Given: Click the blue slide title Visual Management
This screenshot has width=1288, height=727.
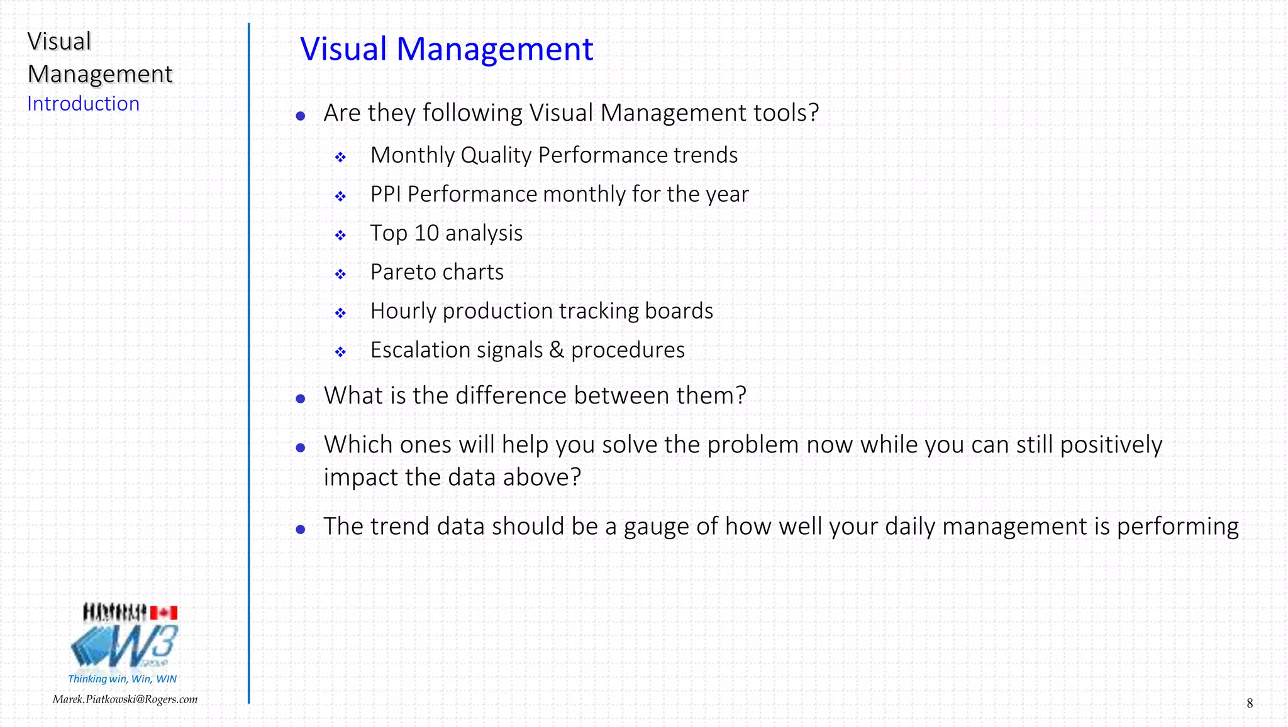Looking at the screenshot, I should [x=447, y=49].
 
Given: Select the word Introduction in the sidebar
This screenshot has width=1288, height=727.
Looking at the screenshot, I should [x=83, y=104].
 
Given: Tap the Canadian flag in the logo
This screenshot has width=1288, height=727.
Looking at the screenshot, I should [x=164, y=613].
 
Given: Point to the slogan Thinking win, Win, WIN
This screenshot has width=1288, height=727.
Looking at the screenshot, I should [x=122, y=679].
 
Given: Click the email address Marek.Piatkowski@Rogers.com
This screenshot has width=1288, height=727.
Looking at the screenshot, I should [x=125, y=699].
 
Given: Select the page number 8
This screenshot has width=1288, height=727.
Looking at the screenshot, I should [x=1250, y=703].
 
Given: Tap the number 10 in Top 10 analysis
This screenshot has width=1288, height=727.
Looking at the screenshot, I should [x=426, y=233].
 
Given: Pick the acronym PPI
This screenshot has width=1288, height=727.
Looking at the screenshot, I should [x=386, y=194].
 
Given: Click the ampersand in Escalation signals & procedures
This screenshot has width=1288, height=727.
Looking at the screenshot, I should [x=557, y=350].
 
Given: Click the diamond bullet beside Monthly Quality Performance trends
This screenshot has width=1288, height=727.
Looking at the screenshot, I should [x=340, y=157].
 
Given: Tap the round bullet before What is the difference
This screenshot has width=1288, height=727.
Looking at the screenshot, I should [x=301, y=398].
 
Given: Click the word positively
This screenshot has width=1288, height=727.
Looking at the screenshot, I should [x=1111, y=445].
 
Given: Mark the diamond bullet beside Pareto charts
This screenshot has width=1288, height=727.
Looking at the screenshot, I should [x=340, y=274].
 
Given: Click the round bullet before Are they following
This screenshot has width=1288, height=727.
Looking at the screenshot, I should [x=301, y=116].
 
